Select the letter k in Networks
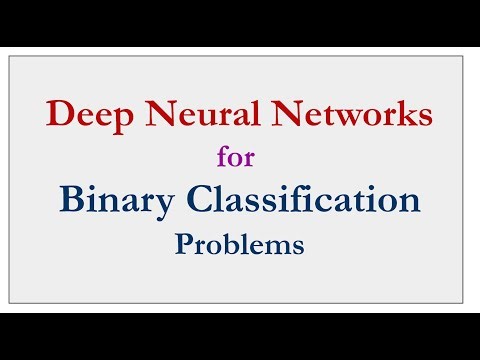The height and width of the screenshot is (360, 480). click(399, 115)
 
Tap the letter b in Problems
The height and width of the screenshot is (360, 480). click(230, 244)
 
